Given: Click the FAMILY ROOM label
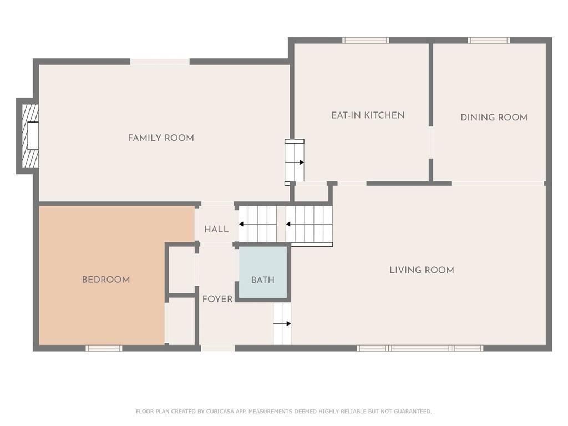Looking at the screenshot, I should pos(161,138).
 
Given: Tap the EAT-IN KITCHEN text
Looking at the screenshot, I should pos(368,115).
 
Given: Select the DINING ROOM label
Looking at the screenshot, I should pos(494,117).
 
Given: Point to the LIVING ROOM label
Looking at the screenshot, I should pos(422,270).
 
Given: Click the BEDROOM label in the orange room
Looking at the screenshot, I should pos(106,280).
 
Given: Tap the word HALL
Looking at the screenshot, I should pos(216,229).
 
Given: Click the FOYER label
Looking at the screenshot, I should pos(217,299).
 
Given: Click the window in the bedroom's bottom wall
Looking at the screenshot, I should pos(104,348).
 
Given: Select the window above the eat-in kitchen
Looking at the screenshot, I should pos(366,40).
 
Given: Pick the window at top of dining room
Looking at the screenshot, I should pos(489,40).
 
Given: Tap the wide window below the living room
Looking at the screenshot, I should pos(420,348).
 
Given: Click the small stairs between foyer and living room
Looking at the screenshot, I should pos(282,324).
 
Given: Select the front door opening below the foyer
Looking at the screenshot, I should pos(217,348).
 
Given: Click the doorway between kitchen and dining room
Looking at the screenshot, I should pos(430,143).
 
